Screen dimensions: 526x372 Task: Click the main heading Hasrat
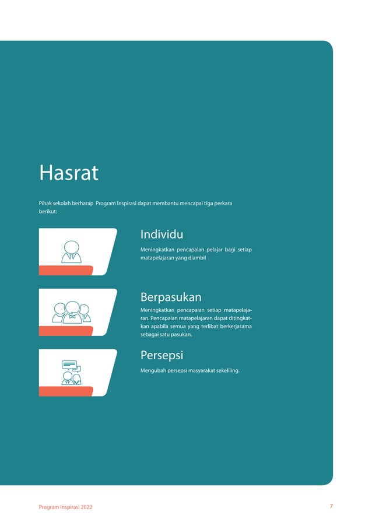point(68,173)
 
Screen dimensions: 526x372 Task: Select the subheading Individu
point(162,234)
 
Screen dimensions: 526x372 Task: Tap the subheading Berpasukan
point(171,297)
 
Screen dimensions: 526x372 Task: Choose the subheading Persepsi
point(162,355)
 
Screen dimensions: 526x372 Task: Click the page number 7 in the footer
point(331,506)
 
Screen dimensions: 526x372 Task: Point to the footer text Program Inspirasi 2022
point(65,507)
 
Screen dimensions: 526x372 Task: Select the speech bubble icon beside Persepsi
point(70,366)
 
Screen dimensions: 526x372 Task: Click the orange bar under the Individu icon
point(66,269)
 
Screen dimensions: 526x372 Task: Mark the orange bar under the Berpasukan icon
point(66,331)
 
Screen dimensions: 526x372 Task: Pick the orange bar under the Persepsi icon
point(66,391)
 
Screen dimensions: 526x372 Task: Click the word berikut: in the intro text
point(48,212)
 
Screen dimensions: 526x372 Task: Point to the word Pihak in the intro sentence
point(45,204)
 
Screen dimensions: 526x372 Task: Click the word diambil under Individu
point(195,257)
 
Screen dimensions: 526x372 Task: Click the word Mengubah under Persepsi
point(153,370)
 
